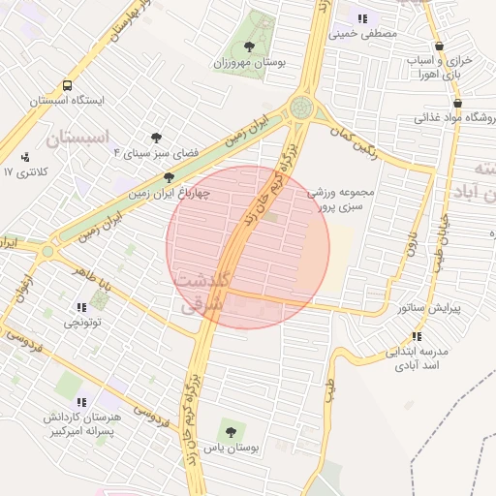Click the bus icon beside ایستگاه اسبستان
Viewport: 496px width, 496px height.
[67, 85]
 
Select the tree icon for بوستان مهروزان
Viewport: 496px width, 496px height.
[250, 46]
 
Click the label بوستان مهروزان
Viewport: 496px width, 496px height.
[249, 62]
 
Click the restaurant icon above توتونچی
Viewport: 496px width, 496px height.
[80, 307]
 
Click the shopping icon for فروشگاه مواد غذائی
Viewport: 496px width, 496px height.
[457, 104]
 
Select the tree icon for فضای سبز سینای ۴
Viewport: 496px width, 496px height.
[155, 138]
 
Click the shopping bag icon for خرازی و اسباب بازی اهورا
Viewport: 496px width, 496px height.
[441, 46]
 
